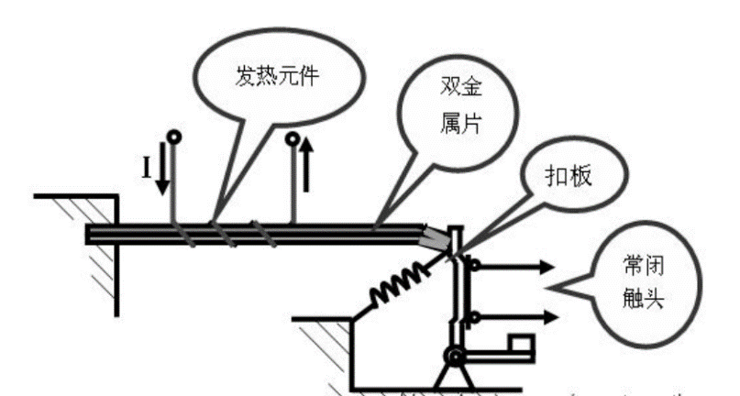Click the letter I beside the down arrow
pyautogui.click(x=145, y=167)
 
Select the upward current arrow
pyautogui.click(x=306, y=166)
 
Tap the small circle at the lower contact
pyautogui.click(x=473, y=317)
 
